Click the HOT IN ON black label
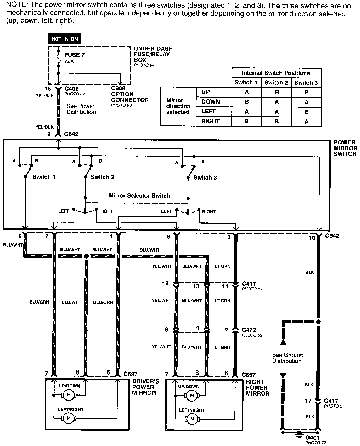point(65,39)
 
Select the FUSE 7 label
point(75,55)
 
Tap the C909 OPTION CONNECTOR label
point(130,94)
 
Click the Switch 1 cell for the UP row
point(246,92)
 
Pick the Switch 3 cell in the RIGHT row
point(306,122)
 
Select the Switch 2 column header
point(276,83)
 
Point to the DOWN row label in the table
point(211,102)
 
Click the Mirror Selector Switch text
point(139,196)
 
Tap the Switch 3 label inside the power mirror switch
point(205,178)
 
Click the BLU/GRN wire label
point(39,302)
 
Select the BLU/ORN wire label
point(103,302)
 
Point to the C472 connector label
point(249,330)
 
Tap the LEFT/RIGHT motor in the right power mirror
point(192,419)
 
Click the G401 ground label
point(312,437)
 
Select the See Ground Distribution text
point(288,358)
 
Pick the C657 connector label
point(249,375)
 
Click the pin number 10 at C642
point(312,238)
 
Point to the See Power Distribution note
point(81,109)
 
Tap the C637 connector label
point(130,374)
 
